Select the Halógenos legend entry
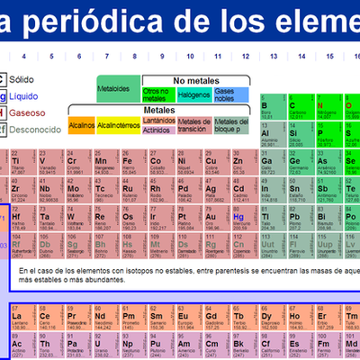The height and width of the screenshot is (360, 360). (x=193, y=94)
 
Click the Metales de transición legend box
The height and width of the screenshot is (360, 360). (x=194, y=124)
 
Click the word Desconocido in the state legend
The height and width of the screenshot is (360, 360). (x=37, y=130)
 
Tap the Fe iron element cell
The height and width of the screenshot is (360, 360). (x=130, y=164)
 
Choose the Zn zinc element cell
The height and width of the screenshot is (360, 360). (x=239, y=164)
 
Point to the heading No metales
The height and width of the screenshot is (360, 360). (x=195, y=80)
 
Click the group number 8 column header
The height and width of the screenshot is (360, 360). (x=133, y=56)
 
